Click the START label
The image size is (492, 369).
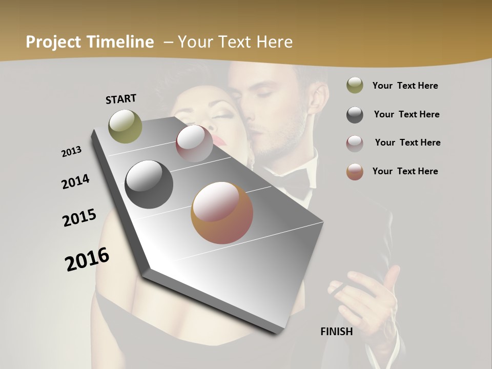(121, 99)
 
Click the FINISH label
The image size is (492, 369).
(337, 332)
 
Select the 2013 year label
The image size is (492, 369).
(71, 152)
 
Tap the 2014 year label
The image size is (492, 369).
(75, 181)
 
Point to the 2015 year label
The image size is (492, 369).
(79, 218)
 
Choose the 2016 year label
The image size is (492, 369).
(87, 259)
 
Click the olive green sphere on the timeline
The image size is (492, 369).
(126, 126)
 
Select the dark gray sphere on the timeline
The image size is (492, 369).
(149, 184)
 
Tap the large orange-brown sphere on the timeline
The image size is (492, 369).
(222, 213)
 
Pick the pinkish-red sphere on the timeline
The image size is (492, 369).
(194, 143)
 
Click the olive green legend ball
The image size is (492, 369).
(355, 86)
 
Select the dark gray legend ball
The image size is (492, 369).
(355, 115)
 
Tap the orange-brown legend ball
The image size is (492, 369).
(355, 172)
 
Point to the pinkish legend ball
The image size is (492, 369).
(355, 143)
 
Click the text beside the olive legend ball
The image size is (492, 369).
(405, 86)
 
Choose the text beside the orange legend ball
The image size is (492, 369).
(405, 171)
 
